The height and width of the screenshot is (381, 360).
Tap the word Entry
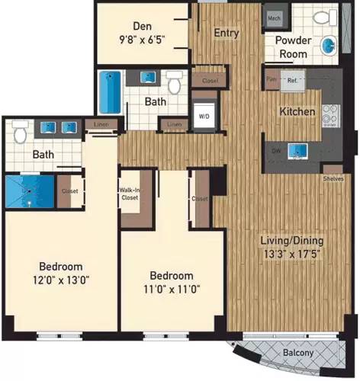point(227,33)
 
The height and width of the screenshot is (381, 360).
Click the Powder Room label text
point(291,47)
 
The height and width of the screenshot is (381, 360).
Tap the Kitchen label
point(297,111)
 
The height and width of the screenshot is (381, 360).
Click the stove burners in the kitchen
point(331,114)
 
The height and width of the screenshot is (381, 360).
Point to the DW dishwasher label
point(275,149)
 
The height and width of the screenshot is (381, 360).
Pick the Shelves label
point(333,178)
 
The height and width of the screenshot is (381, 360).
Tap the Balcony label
point(297,354)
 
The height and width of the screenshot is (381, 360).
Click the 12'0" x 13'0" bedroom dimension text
point(61,280)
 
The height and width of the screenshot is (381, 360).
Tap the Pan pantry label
point(271,78)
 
